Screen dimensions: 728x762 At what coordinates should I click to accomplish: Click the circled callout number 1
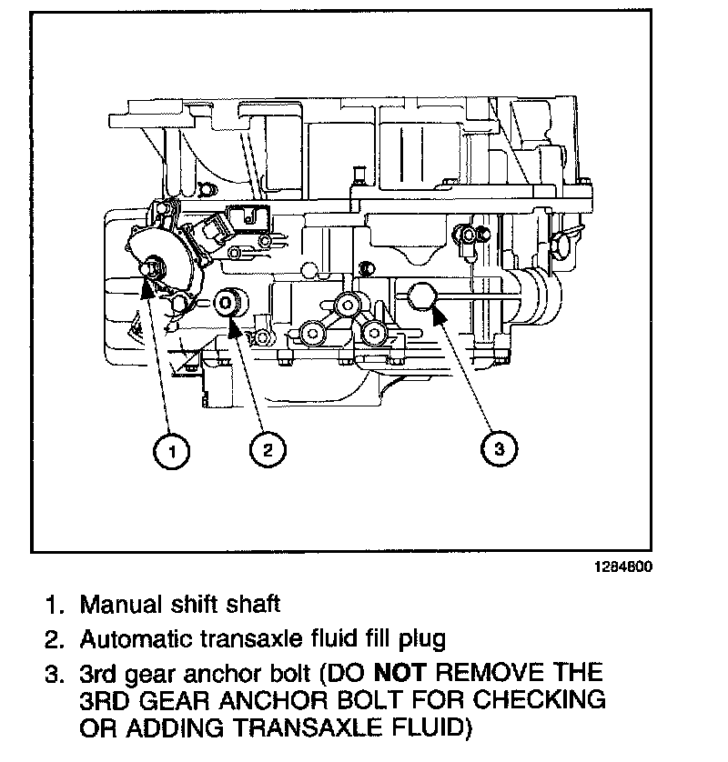[170, 448]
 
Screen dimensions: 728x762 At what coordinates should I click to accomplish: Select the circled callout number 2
[268, 448]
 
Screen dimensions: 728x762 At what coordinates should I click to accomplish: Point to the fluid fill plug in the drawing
[228, 302]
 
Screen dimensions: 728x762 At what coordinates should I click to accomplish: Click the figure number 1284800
[622, 566]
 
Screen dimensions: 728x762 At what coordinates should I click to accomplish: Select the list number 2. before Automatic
[57, 639]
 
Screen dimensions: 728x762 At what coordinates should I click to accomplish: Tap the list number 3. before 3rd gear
[57, 674]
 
